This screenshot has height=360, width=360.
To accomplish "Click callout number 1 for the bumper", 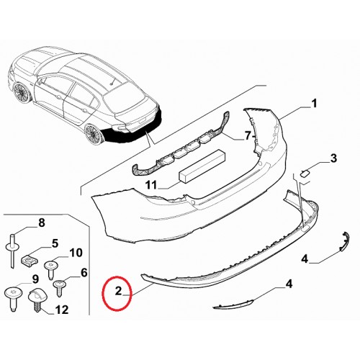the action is coord(314,104).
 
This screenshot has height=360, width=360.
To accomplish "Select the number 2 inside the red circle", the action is coord(119,291).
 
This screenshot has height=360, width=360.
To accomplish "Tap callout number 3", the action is coord(333,158).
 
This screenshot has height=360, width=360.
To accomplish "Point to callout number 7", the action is coord(248,136).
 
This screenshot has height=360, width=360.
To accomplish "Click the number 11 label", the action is coord(151,185).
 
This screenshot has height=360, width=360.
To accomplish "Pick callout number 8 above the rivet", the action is coord(42,222).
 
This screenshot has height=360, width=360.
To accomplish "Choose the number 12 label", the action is coord(62,310).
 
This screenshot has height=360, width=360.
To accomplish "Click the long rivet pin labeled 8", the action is coord(12,251).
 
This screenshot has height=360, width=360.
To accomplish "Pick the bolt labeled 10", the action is coord(51,270).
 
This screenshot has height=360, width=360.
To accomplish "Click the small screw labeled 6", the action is coord(59,287).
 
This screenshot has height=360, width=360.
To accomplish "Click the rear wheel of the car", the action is coord(93,135).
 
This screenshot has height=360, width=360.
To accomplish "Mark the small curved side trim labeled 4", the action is coord(343,241).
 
